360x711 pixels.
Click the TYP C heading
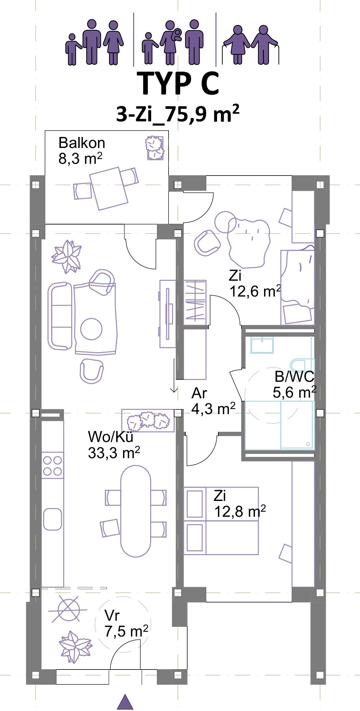tap(180, 83)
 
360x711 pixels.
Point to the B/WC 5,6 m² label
tap(295, 384)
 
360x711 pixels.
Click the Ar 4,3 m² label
tap(213, 401)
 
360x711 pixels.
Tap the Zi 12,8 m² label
tap(240, 503)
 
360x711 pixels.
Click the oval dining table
tap(136, 511)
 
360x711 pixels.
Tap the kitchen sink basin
tap(53, 519)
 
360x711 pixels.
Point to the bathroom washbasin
tap(262, 345)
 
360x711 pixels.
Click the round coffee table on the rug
tap(91, 329)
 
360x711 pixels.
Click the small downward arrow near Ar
tap(174, 375)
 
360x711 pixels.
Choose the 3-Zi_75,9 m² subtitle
tap(177, 114)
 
